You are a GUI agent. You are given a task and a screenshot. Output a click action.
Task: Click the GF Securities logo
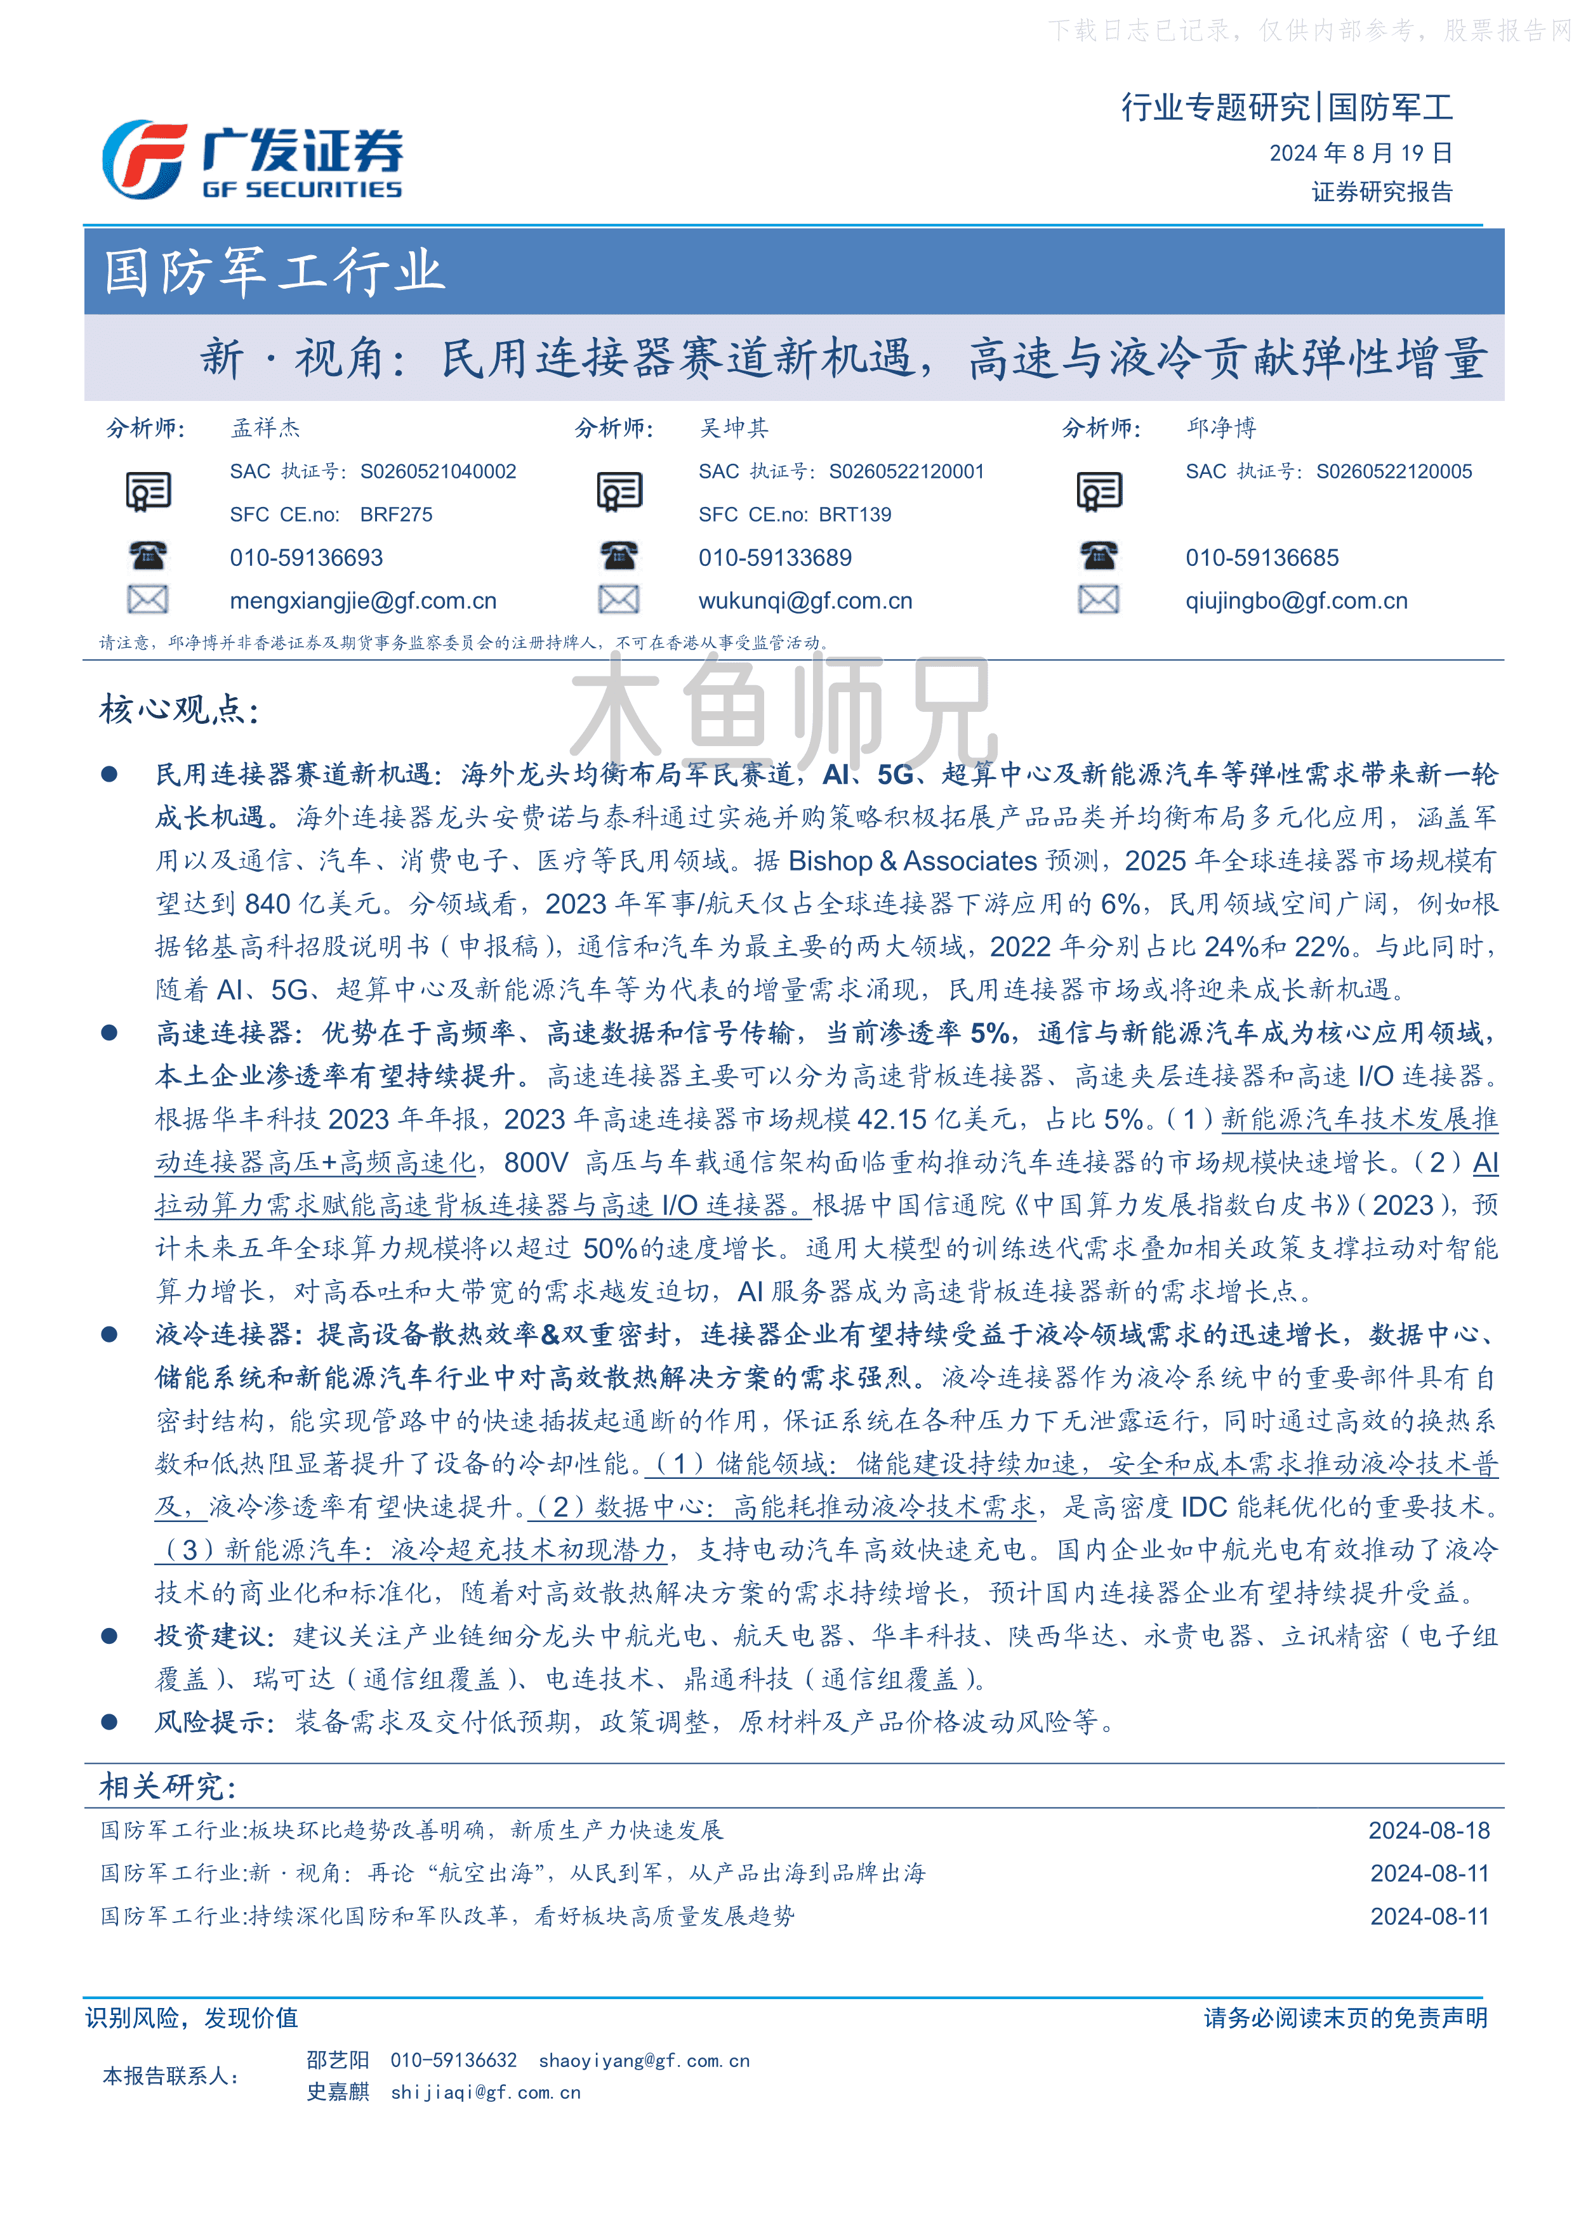(x=252, y=160)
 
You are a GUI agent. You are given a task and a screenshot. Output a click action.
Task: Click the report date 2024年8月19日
(x=1360, y=153)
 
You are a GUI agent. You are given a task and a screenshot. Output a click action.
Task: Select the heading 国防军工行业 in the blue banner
(x=274, y=272)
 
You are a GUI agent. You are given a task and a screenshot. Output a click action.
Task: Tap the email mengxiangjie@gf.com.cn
(x=362, y=601)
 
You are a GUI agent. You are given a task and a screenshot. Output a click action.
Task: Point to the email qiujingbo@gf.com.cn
(x=1296, y=601)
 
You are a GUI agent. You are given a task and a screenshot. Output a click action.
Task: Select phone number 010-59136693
(x=307, y=558)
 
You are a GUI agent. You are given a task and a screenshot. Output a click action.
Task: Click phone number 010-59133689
(x=774, y=558)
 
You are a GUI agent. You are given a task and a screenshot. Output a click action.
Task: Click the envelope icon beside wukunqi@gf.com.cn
(x=618, y=600)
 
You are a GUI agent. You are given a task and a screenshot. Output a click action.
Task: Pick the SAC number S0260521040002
(x=438, y=472)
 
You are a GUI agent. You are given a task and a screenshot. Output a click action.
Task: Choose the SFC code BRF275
(x=397, y=515)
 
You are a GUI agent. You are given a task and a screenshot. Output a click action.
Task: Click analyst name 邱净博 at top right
(x=1220, y=428)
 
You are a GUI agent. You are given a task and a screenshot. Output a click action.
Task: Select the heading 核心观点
(x=178, y=709)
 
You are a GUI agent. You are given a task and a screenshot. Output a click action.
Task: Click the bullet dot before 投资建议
(x=110, y=1636)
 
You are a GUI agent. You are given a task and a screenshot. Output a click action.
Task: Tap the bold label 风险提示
(x=210, y=1722)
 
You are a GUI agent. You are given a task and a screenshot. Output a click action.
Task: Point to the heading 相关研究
(x=167, y=1786)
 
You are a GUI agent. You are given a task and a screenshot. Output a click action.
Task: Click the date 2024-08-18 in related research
(x=1427, y=1830)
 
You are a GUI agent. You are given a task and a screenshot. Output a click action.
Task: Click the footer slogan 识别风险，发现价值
(x=192, y=2018)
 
